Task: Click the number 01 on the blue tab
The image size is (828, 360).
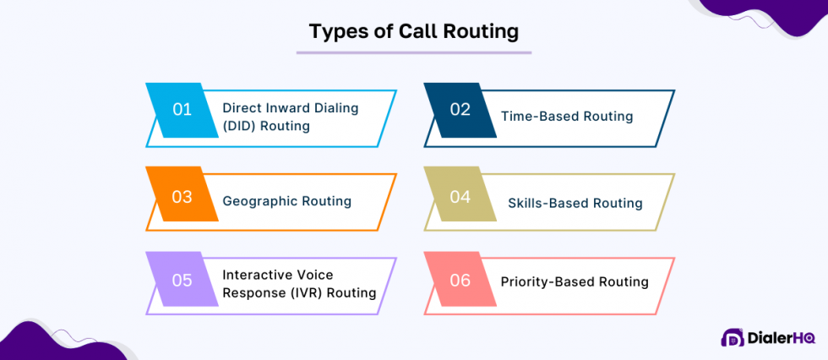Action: click(x=182, y=111)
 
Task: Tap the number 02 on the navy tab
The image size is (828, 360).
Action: click(x=460, y=109)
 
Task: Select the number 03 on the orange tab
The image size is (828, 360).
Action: click(x=182, y=196)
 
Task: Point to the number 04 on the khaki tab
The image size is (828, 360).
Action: click(x=460, y=197)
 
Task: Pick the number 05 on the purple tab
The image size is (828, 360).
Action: click(x=182, y=281)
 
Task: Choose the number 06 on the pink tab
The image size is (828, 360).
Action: click(x=460, y=281)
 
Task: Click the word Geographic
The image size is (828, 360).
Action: click(x=260, y=202)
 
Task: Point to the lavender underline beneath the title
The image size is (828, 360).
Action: click(x=413, y=52)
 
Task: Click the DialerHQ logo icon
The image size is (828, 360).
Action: click(x=733, y=337)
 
